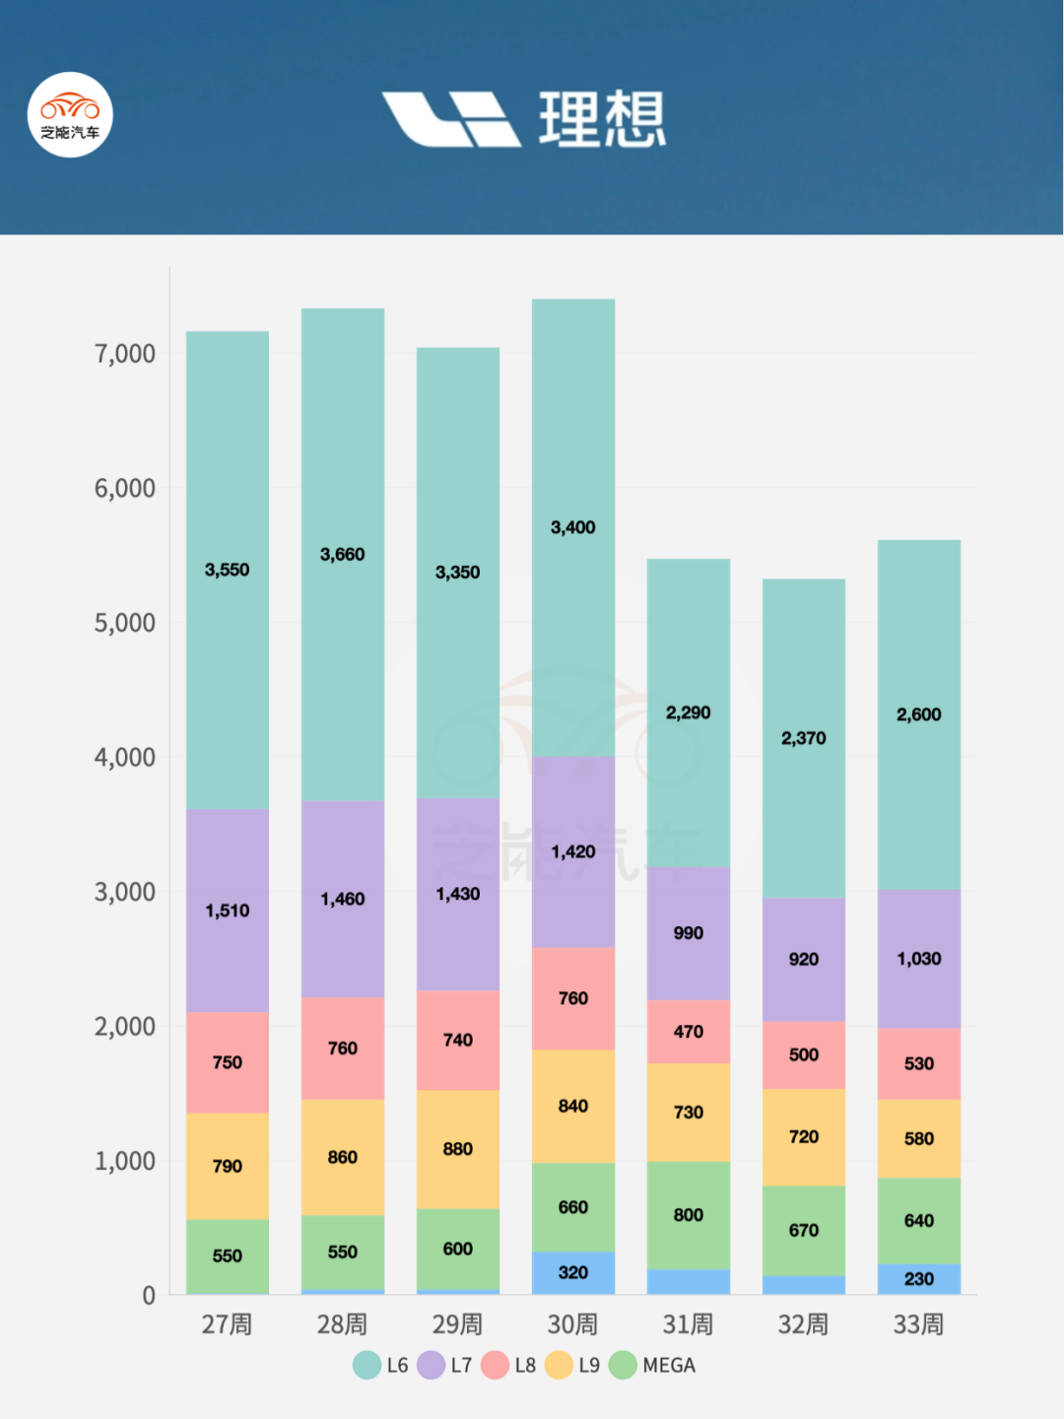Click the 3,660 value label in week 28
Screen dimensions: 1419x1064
click(x=342, y=555)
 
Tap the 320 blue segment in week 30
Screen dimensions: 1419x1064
click(x=572, y=1272)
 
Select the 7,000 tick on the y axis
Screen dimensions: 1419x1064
click(x=125, y=354)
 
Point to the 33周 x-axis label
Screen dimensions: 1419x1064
click(x=918, y=1324)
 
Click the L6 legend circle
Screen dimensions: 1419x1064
click(x=366, y=1365)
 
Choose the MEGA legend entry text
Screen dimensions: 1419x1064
click(x=669, y=1365)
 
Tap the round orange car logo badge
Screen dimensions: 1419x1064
click(x=70, y=114)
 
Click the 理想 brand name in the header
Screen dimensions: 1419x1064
click(x=602, y=119)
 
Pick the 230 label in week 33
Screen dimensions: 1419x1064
click(x=918, y=1279)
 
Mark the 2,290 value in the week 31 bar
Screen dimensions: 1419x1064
click(x=688, y=712)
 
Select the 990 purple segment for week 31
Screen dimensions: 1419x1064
click(x=688, y=933)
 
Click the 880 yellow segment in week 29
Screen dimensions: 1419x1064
click(x=457, y=1149)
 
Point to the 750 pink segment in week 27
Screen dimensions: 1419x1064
click(x=227, y=1062)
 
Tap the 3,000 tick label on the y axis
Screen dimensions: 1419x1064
click(x=125, y=892)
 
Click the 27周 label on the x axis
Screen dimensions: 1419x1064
click(x=227, y=1324)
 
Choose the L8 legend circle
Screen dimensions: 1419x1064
click(x=495, y=1365)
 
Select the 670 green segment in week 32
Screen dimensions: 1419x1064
click(x=803, y=1230)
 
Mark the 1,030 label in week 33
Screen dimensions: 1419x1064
click(x=918, y=959)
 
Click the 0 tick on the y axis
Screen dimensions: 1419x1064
click(x=149, y=1295)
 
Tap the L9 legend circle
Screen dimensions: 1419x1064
click(x=559, y=1365)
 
